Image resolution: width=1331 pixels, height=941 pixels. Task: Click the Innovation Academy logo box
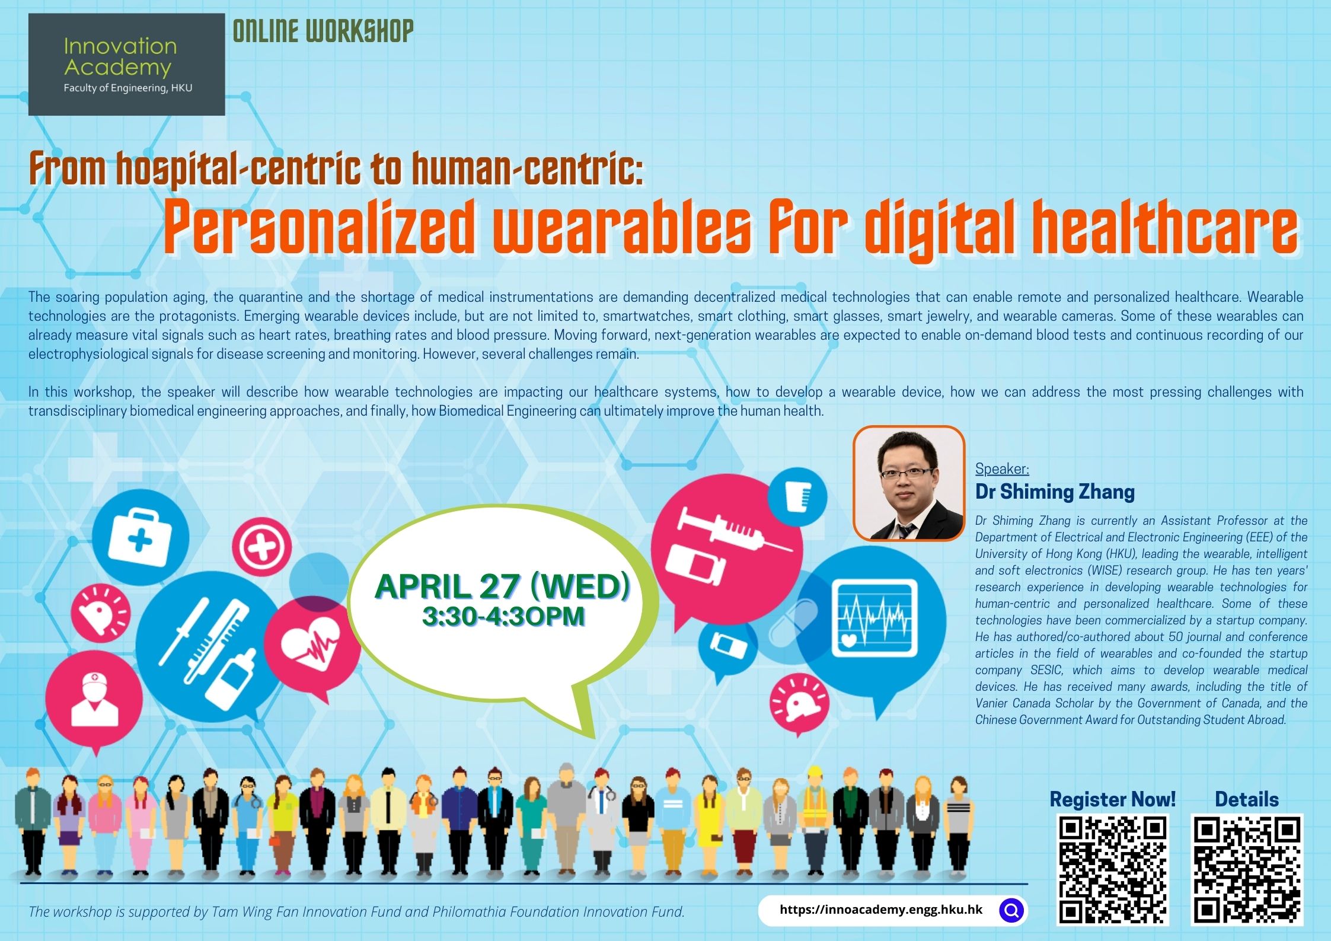coord(127,64)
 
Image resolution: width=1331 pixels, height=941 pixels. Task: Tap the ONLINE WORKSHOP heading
coord(323,31)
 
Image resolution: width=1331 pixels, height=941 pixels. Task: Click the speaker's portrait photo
coord(909,483)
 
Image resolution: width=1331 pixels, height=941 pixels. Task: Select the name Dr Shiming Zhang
coord(1055,492)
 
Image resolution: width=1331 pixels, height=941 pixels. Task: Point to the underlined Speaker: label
coord(1002,468)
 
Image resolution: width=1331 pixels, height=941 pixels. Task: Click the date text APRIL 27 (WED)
coord(502,586)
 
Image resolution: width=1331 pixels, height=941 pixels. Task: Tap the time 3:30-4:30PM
coord(503,616)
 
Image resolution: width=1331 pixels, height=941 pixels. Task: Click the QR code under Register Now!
coord(1113,870)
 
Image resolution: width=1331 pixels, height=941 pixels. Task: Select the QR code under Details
coord(1247,870)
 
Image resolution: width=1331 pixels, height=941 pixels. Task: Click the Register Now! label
coord(1112,799)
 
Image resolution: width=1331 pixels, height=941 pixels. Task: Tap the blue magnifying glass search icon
coord(1011,910)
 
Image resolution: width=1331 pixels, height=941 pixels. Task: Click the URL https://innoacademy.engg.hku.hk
coord(881,910)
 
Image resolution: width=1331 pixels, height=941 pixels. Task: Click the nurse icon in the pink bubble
coord(94,699)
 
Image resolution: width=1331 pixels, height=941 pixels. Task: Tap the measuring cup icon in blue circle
coord(797,497)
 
